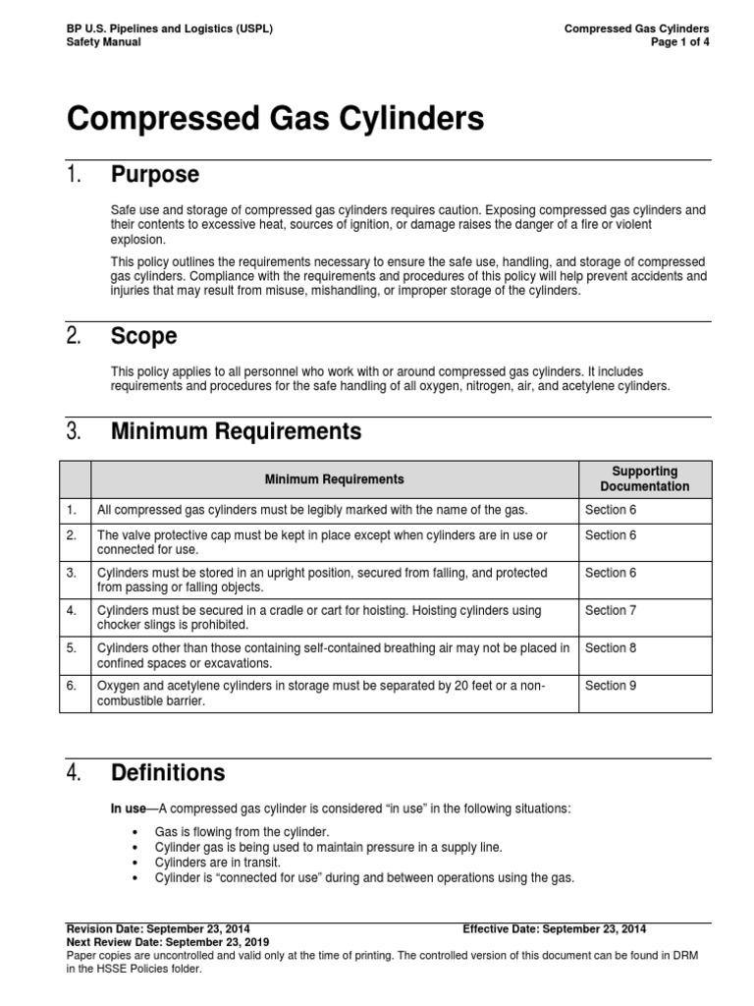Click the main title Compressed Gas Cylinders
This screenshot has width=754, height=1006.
pyautogui.click(x=275, y=120)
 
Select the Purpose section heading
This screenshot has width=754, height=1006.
pyautogui.click(x=155, y=175)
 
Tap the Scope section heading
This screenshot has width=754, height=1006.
pyautogui.click(x=143, y=336)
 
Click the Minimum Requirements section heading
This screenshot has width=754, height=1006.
pyautogui.click(x=236, y=431)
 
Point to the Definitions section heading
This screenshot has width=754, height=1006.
pyautogui.click(x=168, y=773)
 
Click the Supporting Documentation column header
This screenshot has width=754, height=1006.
pyautogui.click(x=644, y=479)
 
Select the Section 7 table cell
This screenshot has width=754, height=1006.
pyautogui.click(x=611, y=611)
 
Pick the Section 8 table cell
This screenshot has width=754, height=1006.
pyautogui.click(x=611, y=648)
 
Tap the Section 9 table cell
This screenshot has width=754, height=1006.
pyautogui.click(x=611, y=686)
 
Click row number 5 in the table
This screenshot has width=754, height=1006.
pyautogui.click(x=71, y=648)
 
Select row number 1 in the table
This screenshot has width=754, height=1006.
pyautogui.click(x=71, y=509)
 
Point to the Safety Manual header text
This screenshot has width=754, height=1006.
pyautogui.click(x=103, y=42)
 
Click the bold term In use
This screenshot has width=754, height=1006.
pyautogui.click(x=127, y=808)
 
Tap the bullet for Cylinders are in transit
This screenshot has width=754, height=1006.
pyautogui.click(x=134, y=862)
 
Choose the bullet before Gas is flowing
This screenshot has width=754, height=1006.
pyautogui.click(x=134, y=832)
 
